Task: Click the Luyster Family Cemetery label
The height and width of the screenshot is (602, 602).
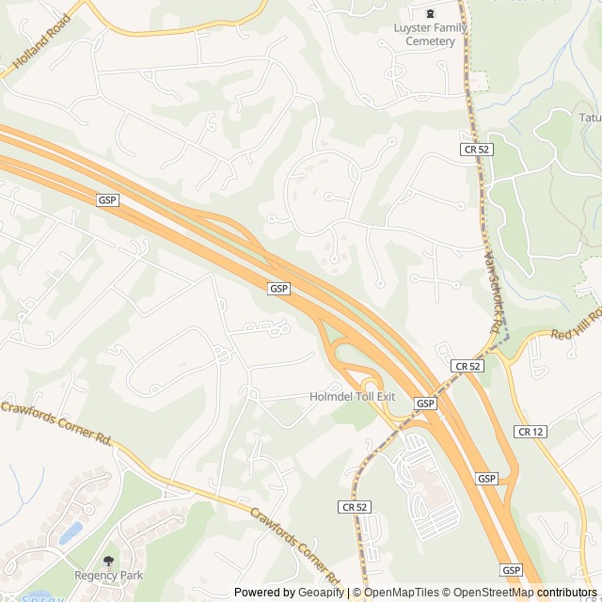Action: (431, 35)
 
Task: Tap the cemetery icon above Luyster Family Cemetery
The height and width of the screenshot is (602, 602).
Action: (431, 13)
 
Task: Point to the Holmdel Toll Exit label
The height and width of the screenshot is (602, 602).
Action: (352, 397)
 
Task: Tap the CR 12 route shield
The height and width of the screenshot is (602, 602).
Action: (528, 431)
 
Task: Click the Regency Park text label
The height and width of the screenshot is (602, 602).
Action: (109, 575)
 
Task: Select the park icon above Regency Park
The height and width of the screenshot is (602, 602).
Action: (109, 560)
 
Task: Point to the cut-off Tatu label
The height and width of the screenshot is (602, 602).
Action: (590, 118)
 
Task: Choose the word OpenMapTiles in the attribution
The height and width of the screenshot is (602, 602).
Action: (402, 593)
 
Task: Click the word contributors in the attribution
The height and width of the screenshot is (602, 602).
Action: (568, 593)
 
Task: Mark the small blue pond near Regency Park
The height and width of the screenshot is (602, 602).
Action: (71, 533)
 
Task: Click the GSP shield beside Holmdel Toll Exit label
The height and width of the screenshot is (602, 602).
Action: (425, 404)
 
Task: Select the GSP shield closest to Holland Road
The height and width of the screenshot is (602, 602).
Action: (107, 200)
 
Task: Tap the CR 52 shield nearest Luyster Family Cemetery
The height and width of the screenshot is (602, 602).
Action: (477, 149)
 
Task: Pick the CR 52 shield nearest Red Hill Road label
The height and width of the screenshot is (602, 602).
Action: (467, 366)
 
